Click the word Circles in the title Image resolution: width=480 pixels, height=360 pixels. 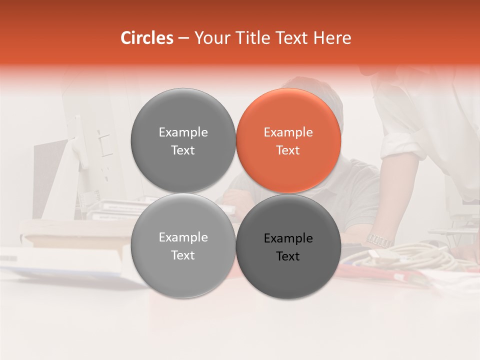tap(146, 38)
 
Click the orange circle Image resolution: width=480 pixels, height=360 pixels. tap(288, 141)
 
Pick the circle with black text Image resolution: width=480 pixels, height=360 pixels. tap(288, 246)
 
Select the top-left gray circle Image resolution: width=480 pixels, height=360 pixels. tap(183, 141)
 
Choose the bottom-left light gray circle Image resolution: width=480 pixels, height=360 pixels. tap(183, 246)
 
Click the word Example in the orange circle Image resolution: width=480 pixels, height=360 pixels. tap(288, 132)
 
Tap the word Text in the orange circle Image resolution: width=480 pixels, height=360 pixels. tap(288, 150)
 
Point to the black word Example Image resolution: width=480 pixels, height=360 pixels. tap(288, 238)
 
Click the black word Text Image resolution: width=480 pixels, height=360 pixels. tap(288, 256)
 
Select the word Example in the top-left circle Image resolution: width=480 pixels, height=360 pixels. tap(183, 132)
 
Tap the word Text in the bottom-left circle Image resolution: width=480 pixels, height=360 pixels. tap(183, 255)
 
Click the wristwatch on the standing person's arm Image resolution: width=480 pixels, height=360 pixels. tap(379, 240)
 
